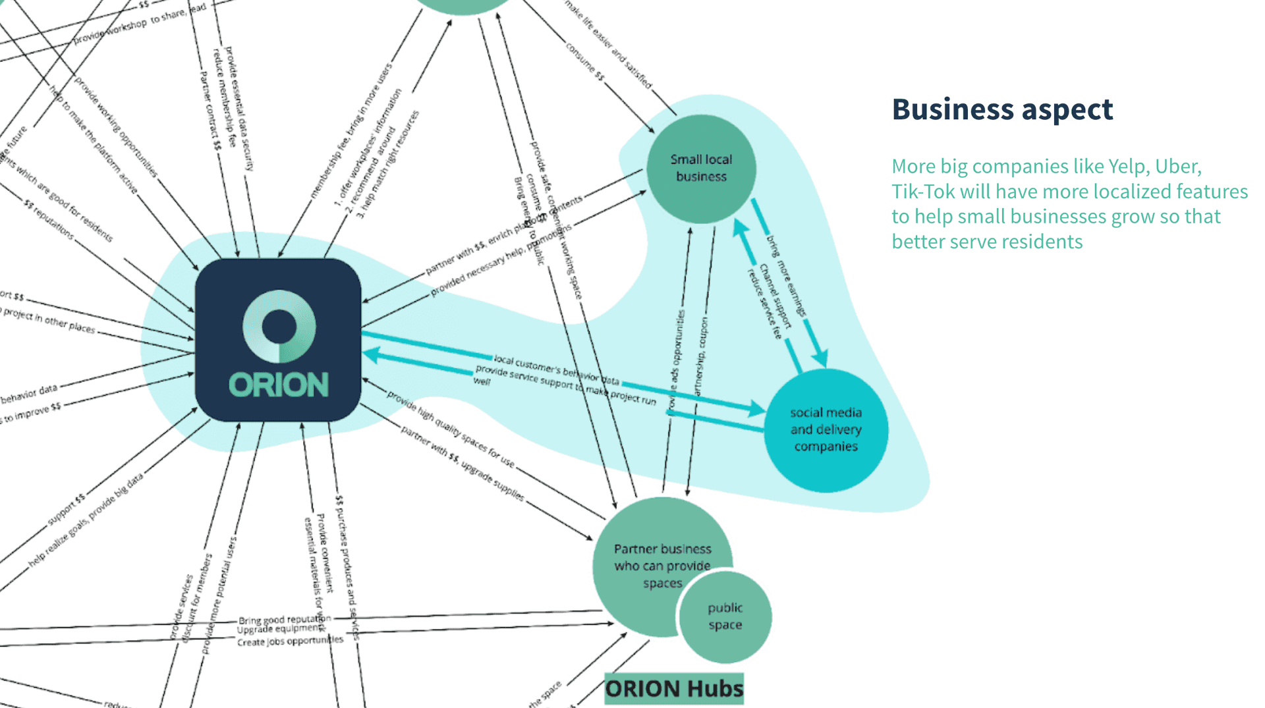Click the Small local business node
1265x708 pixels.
(701, 169)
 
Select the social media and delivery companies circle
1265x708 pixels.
(826, 429)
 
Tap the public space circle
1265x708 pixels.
(725, 616)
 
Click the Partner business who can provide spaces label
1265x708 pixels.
(662, 566)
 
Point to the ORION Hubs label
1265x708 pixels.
(674, 689)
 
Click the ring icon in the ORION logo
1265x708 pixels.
(279, 326)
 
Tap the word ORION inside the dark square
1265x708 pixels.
(279, 385)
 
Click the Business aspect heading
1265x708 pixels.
(1002, 109)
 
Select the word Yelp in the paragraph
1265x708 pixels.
(1127, 167)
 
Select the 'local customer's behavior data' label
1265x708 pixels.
(556, 370)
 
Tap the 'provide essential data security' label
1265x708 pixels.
(239, 109)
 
